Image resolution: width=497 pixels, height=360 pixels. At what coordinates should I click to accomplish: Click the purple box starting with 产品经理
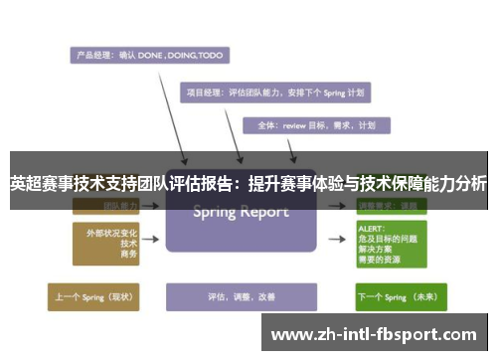(147, 55)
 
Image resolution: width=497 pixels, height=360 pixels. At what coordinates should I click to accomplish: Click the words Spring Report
(240, 211)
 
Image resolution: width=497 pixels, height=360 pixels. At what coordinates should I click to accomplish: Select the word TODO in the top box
(210, 55)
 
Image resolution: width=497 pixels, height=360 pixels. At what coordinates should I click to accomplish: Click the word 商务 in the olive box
(127, 256)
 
